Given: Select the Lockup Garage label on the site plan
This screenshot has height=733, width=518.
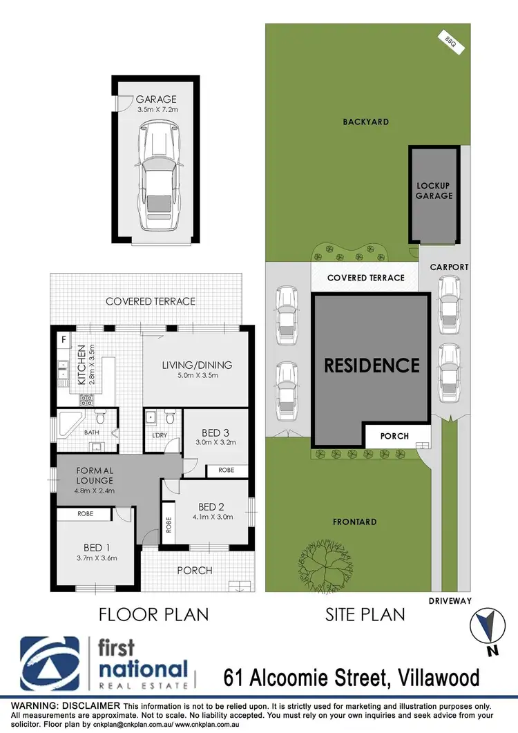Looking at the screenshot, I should (x=434, y=191).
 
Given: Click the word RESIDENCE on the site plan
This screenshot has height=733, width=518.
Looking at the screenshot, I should (x=372, y=365).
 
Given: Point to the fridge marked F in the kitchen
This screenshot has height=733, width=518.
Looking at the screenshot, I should (x=64, y=339).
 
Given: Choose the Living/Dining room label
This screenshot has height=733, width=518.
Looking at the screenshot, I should (x=197, y=365).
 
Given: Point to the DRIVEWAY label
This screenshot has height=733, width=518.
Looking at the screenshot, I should (x=450, y=601).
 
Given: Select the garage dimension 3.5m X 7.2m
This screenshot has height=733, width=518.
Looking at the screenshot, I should (x=156, y=110).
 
